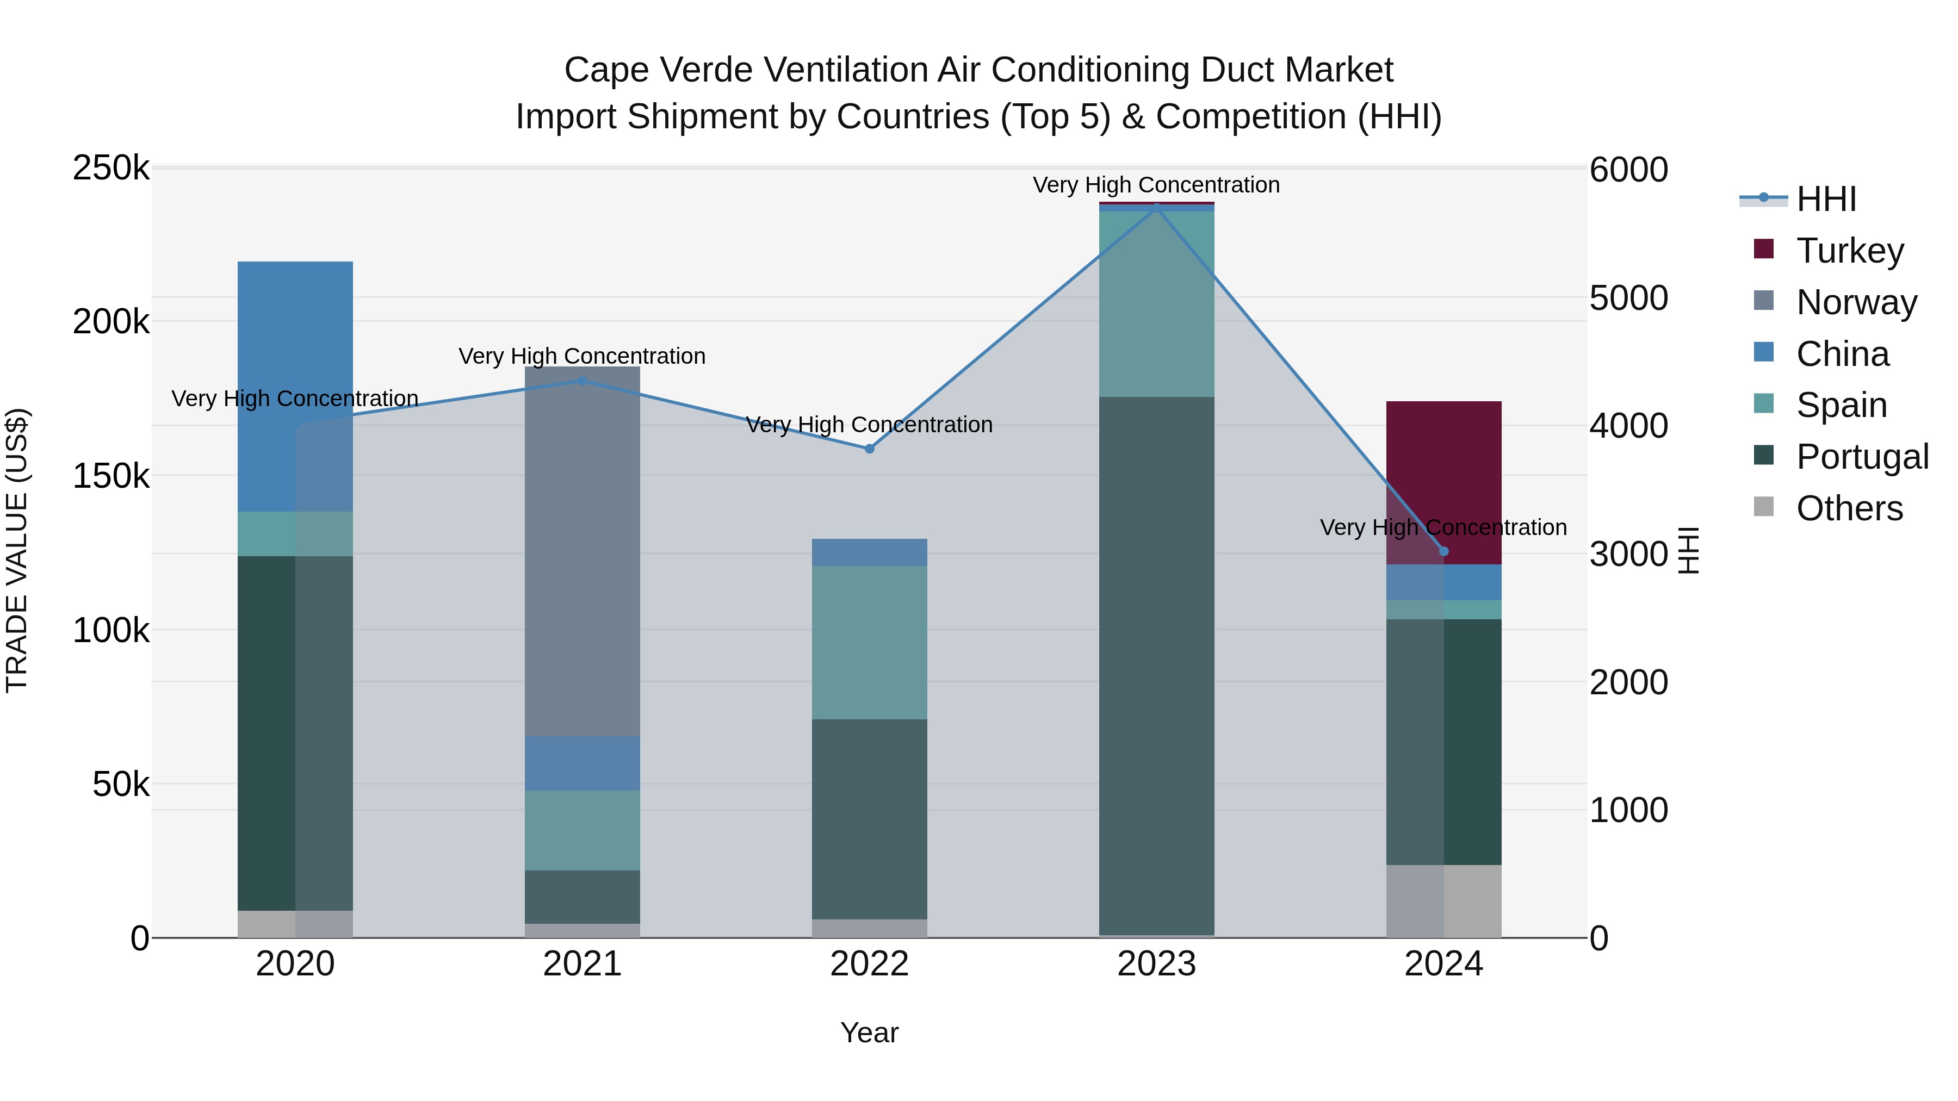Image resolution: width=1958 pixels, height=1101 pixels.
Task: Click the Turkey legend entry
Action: coord(1849,251)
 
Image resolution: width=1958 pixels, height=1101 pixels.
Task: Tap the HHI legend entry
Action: coord(1826,199)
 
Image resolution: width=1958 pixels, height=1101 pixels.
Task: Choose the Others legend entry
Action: coord(1849,508)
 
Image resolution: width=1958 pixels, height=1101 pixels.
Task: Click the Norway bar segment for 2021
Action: coord(582,551)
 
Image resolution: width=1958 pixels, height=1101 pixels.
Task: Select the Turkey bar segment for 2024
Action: coord(1443,482)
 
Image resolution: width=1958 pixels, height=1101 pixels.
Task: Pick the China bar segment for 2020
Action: coord(295,386)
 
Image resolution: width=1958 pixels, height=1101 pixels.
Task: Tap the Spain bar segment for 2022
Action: coord(870,642)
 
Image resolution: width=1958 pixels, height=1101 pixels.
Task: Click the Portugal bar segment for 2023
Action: coord(1156,665)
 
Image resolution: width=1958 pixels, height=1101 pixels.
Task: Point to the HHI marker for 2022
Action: coord(870,449)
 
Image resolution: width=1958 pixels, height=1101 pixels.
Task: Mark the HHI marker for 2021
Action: coord(582,381)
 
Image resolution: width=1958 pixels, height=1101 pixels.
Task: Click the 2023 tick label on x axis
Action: coord(1156,964)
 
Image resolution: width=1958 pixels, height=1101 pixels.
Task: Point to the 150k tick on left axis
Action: coord(111,476)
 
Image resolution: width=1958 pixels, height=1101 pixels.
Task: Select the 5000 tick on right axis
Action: coord(1629,298)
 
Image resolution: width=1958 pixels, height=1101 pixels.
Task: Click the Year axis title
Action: coord(870,1032)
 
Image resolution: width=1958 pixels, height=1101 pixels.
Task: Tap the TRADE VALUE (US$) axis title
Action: coord(17,550)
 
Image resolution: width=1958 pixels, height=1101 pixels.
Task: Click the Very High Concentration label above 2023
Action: coord(1156,185)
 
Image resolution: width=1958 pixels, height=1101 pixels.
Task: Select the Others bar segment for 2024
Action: coord(1443,900)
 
